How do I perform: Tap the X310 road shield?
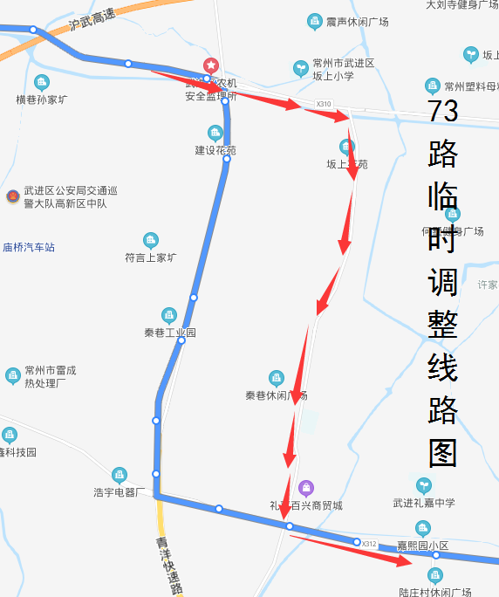(324, 104)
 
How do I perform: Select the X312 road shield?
(369, 544)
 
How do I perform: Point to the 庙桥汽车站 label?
(29, 247)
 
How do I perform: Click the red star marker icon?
(210, 65)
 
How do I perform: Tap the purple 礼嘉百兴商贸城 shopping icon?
(305, 487)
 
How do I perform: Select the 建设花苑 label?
(215, 150)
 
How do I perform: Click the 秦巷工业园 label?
(170, 333)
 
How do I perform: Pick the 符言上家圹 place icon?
(151, 240)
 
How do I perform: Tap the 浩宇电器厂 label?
(119, 492)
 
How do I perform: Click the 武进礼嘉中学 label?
(423, 503)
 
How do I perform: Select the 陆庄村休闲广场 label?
(434, 591)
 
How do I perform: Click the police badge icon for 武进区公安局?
(12, 196)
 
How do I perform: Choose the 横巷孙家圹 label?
(41, 99)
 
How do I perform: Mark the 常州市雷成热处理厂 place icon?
(12, 376)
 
